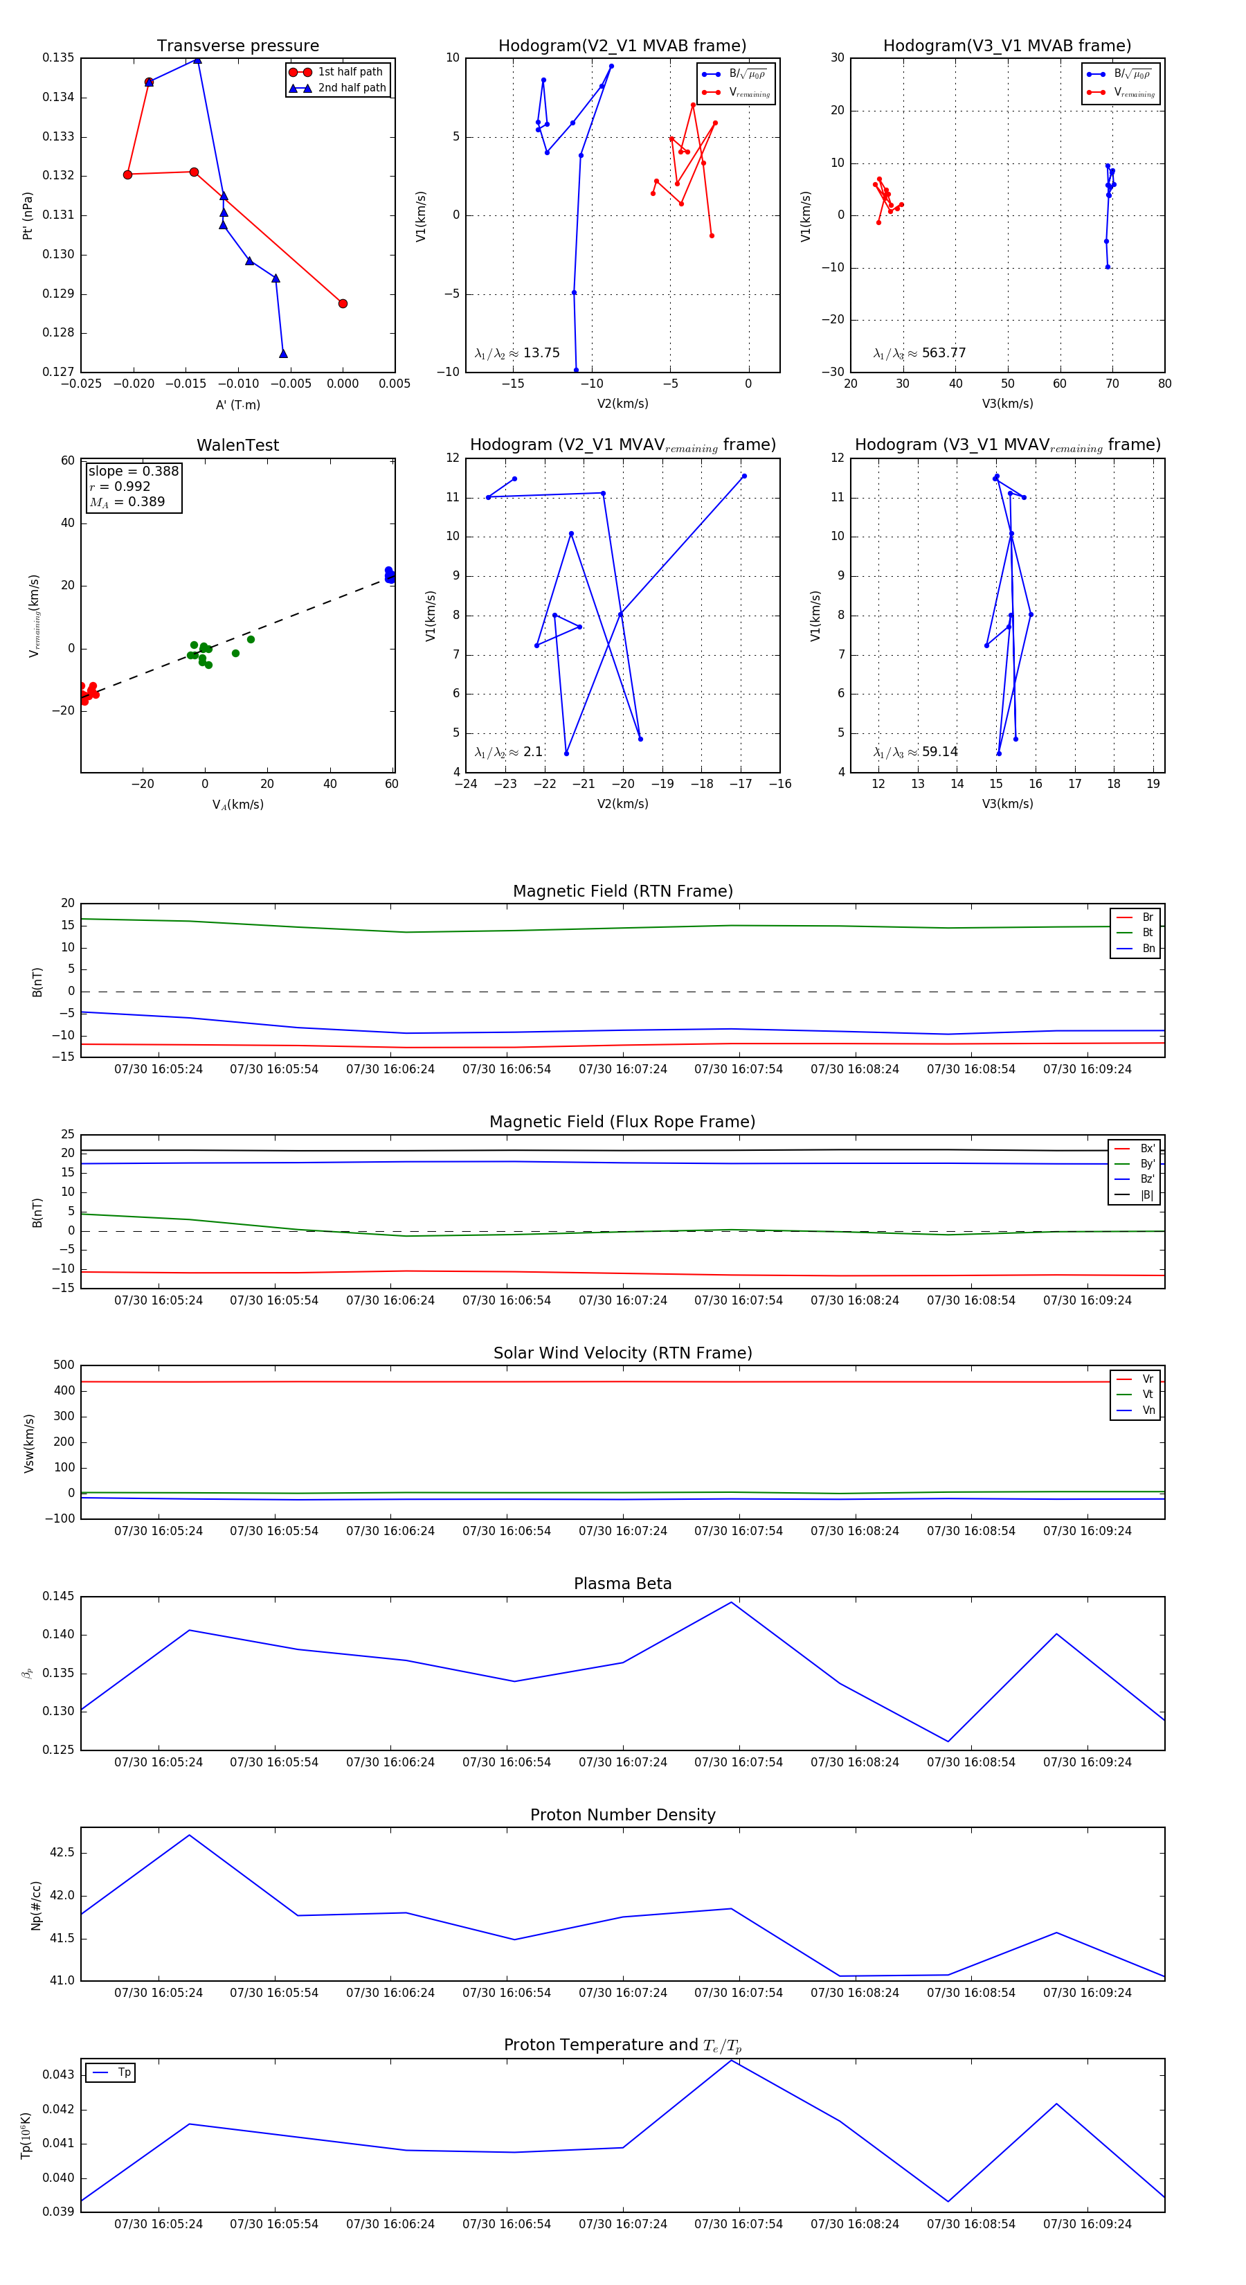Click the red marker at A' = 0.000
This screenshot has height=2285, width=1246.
tap(343, 303)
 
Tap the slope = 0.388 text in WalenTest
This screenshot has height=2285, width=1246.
tap(133, 471)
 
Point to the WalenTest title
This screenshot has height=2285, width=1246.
tap(237, 445)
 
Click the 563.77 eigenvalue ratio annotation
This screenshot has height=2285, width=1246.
tap(920, 353)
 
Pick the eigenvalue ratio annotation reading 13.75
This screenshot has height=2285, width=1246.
tap(517, 353)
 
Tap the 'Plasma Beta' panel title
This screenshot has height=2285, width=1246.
tap(622, 1584)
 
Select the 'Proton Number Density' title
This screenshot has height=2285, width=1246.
tap(622, 1815)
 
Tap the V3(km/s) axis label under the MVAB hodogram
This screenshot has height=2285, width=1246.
tap(1006, 404)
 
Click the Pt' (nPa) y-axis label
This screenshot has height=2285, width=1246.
tap(28, 215)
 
